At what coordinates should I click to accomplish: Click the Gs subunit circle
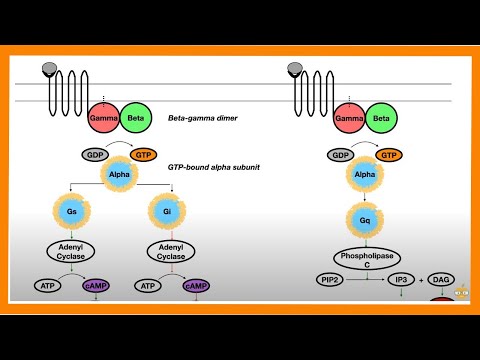tap(72, 212)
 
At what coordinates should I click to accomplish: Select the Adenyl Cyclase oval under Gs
tap(72, 251)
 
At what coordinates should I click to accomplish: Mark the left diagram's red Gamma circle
tap(103, 118)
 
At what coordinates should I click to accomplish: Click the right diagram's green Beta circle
tap(381, 118)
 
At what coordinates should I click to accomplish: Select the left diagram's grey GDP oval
tap(94, 156)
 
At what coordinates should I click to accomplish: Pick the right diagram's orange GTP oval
tap(392, 156)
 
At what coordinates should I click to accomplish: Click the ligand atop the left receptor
tap(48, 69)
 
